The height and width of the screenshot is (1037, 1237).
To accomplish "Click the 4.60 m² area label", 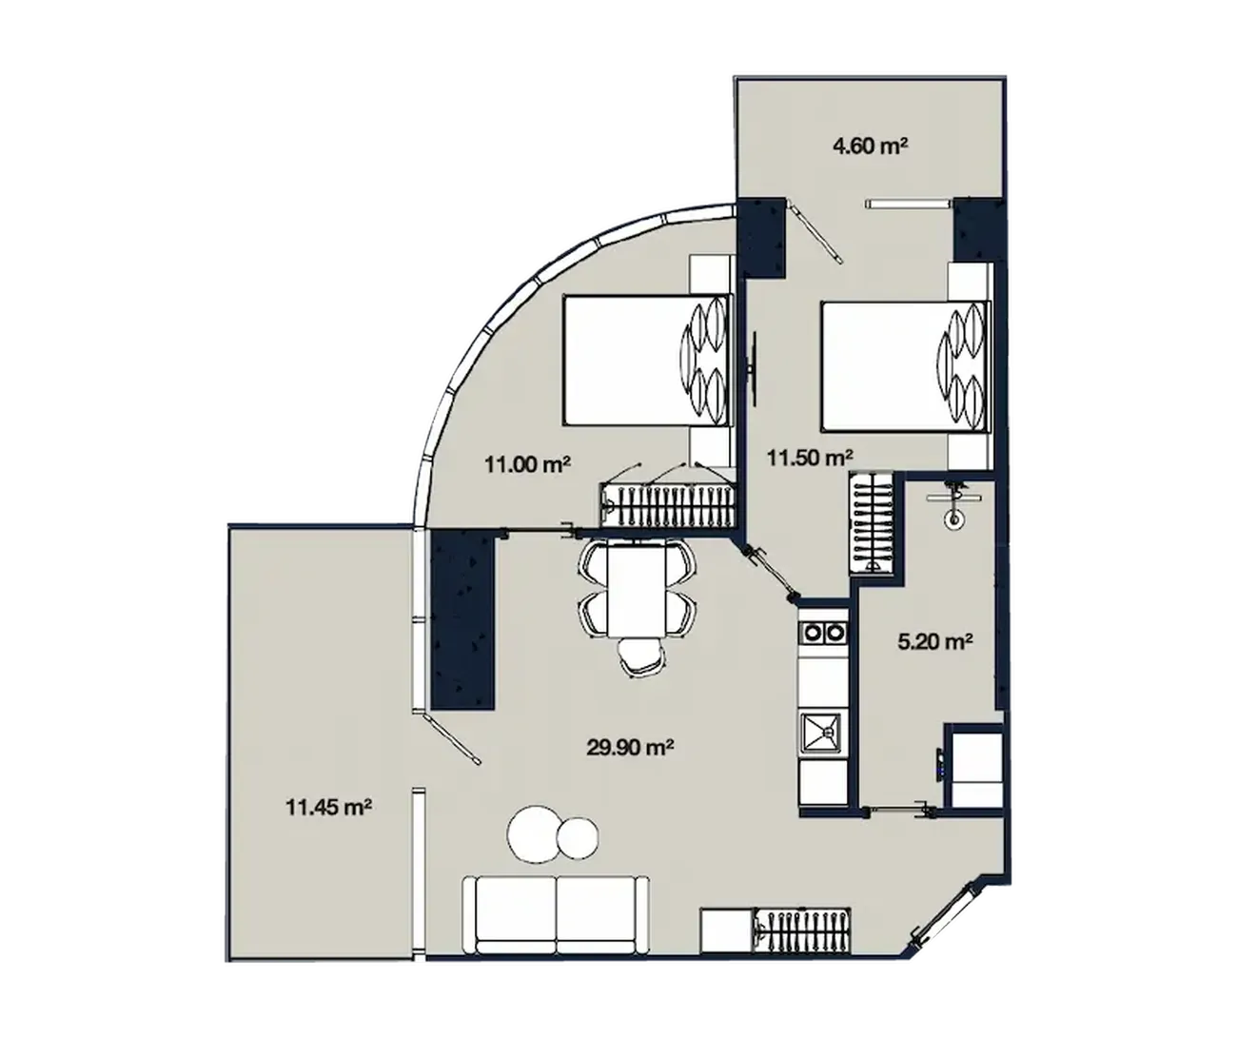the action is point(871,146).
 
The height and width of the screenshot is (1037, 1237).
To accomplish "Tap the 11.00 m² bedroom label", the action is point(528,463).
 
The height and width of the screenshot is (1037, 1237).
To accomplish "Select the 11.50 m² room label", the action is point(810,458).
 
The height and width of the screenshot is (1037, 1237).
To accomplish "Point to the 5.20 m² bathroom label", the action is point(935,641).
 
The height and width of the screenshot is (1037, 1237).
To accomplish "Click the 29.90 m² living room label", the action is point(630,748).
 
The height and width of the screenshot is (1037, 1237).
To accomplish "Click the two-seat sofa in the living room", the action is point(557,923).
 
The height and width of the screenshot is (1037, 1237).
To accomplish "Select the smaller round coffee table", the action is point(577,837).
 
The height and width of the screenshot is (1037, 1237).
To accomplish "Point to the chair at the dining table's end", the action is point(641,656).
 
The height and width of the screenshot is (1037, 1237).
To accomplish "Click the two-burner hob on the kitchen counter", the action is point(823,633).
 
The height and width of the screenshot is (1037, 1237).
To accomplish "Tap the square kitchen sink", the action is point(822,734).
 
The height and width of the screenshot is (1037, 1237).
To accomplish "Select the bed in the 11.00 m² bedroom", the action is point(647,360).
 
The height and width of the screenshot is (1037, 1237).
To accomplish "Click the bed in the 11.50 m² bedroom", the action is point(905,366).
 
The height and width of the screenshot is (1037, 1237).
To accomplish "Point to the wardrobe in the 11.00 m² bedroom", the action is point(668,505).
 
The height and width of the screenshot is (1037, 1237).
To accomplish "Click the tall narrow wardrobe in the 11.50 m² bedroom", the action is point(871,523).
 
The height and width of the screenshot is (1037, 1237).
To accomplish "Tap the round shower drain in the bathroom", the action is point(953,519).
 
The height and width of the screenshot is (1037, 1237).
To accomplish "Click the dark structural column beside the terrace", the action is point(462,619).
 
